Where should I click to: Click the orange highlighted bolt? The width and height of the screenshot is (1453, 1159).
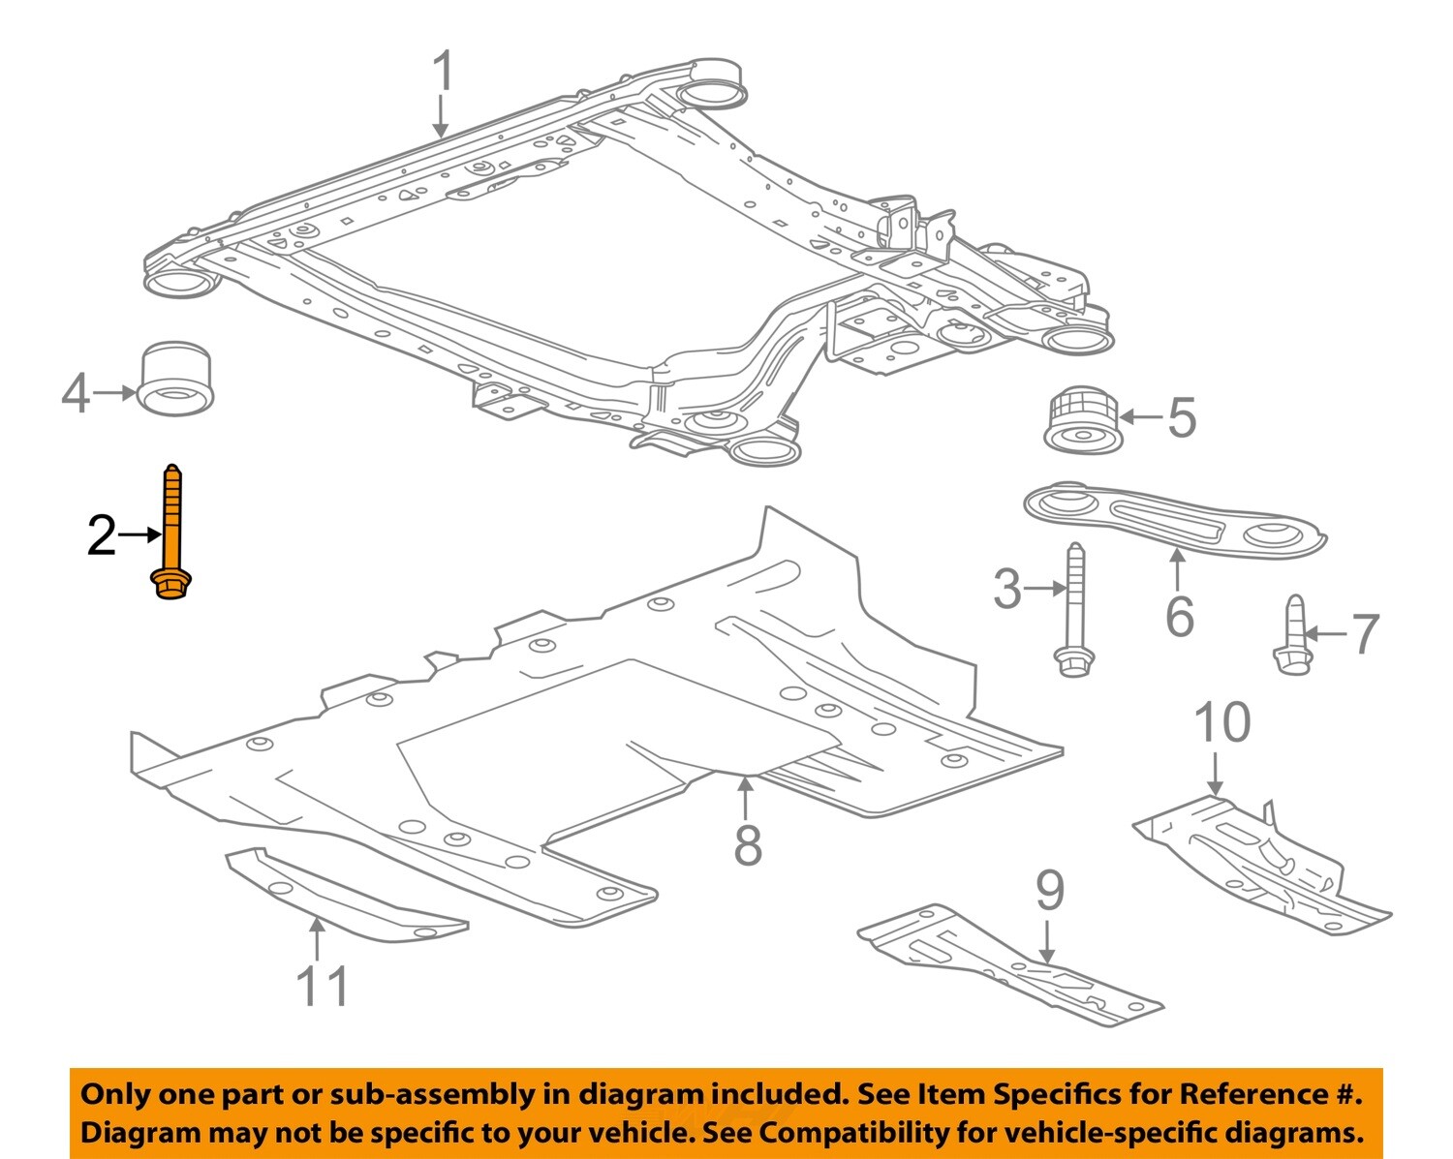pos(171,533)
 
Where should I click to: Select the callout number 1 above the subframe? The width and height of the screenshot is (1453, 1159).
pos(442,73)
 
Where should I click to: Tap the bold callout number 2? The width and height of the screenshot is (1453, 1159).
pos(102,535)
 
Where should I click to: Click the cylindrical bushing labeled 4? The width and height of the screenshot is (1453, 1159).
pos(177,377)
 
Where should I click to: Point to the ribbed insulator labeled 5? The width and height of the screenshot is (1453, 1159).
pos(1082,418)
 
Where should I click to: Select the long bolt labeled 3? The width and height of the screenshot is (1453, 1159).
pos(1074,609)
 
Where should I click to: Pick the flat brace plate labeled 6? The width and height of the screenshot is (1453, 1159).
pos(1173,524)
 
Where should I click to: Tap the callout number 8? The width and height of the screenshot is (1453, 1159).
pos(747,844)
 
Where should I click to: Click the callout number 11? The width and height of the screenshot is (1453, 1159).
pos(322,986)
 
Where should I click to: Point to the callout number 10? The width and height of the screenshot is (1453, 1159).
pos(1221,722)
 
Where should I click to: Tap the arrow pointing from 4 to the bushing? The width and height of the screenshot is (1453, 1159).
pos(116,392)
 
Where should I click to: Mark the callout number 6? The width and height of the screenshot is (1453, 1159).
pos(1179,616)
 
